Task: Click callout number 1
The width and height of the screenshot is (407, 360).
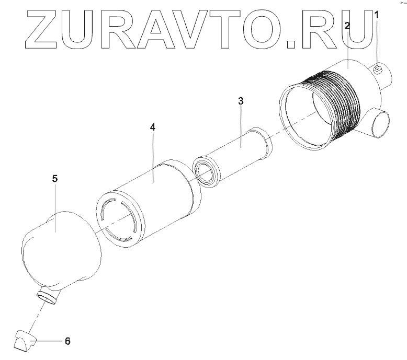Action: (376, 16)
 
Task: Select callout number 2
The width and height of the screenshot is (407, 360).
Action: (348, 25)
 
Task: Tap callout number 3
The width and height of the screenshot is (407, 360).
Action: (241, 101)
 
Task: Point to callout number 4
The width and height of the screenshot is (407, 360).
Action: (152, 127)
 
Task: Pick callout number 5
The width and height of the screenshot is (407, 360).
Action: (55, 178)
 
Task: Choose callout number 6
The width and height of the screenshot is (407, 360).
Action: (66, 341)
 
